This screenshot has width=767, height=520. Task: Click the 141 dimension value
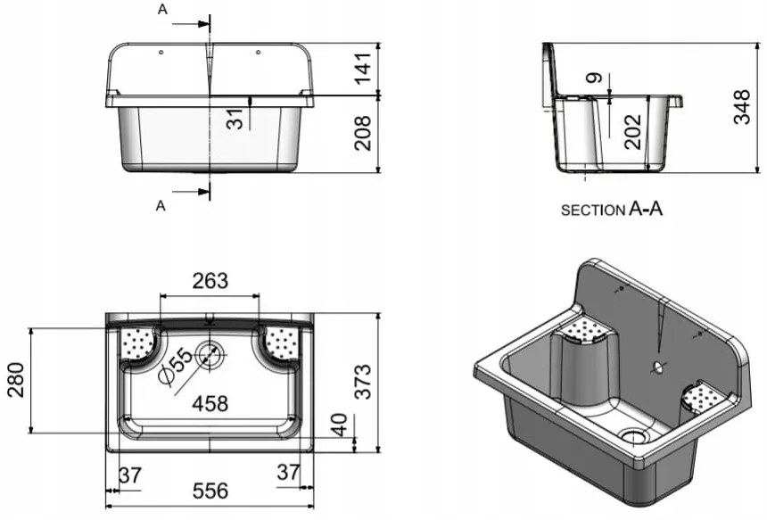pyautogui.click(x=362, y=68)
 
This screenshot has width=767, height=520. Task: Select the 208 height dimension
pyautogui.click(x=362, y=133)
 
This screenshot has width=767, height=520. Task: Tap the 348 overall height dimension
pyautogui.click(x=741, y=107)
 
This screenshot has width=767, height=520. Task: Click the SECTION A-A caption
pyautogui.click(x=612, y=210)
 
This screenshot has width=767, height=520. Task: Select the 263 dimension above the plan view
pyautogui.click(x=210, y=281)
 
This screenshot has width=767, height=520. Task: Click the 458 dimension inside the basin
pyautogui.click(x=210, y=403)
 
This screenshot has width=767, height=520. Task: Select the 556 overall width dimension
pyautogui.click(x=210, y=491)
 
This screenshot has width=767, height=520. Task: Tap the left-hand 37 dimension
pyautogui.click(x=130, y=475)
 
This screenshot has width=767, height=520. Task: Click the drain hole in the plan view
pyautogui.click(x=210, y=355)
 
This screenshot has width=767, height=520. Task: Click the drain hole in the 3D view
pyautogui.click(x=635, y=436)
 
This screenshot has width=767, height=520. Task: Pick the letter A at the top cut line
pyautogui.click(x=161, y=9)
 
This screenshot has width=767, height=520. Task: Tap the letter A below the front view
pyautogui.click(x=161, y=205)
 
